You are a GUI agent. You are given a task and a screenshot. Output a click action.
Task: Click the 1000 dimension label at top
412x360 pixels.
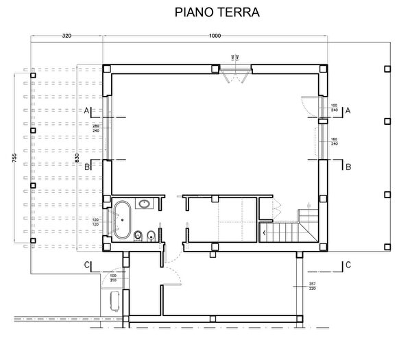pos(215,36)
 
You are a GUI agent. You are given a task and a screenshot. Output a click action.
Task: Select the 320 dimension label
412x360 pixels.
pos(67,36)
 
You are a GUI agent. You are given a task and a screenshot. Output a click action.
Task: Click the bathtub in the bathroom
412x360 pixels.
pos(123,219)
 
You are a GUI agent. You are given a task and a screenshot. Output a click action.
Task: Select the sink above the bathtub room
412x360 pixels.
pos(145,203)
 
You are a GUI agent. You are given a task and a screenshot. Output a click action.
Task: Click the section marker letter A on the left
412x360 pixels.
pos(87,110)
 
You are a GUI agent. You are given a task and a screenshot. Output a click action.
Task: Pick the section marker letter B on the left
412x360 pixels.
pos(87,167)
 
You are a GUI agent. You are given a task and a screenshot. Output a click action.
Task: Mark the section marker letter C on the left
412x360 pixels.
pos(87,265)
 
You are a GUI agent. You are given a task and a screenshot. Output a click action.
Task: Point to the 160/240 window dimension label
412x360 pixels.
pos(334,142)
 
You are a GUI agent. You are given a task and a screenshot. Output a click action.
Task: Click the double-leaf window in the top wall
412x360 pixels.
pos(237,71)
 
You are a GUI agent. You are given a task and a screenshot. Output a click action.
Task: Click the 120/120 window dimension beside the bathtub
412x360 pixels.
pos(97,222)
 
